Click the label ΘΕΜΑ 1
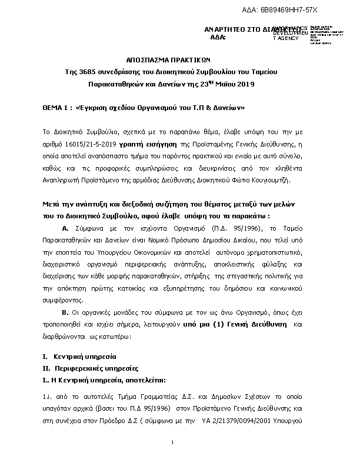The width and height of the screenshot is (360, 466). [x=56, y=109]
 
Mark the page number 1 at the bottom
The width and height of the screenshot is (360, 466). [x=172, y=442]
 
